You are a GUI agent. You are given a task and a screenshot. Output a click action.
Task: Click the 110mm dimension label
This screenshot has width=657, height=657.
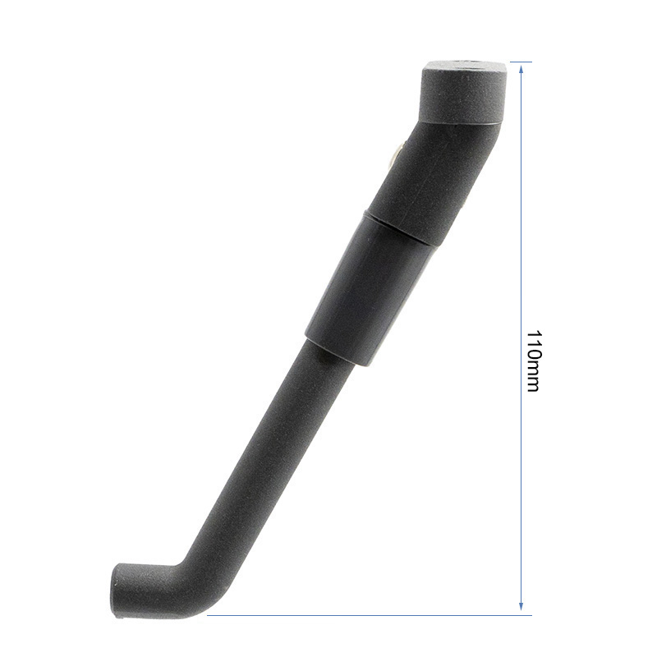click(x=532, y=361)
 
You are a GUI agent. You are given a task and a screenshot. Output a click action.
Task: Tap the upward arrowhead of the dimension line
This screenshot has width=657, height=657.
click(x=521, y=67)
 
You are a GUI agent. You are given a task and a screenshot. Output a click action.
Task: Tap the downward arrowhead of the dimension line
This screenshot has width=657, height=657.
click(x=521, y=609)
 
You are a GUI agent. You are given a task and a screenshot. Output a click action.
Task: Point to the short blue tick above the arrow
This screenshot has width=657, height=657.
click(x=521, y=62)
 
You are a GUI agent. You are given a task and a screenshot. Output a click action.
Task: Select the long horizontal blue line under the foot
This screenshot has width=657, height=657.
click(x=370, y=615)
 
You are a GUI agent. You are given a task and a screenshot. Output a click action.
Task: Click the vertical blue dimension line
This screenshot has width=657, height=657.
click(x=521, y=246)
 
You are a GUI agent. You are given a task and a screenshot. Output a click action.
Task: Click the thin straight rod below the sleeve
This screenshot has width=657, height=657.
click(x=271, y=452)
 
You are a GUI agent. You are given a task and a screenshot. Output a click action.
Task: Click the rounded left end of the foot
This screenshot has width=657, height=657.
click(x=117, y=589)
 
